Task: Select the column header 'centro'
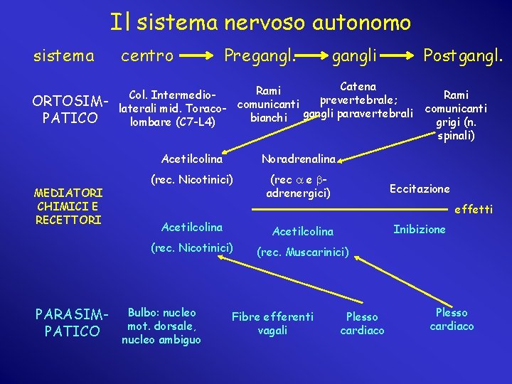click(147, 55)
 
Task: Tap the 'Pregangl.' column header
click(260, 55)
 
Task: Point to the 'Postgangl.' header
click(463, 55)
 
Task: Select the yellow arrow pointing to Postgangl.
click(399, 55)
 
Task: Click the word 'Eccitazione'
click(420, 188)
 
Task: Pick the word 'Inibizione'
click(420, 229)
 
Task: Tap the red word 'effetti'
click(473, 209)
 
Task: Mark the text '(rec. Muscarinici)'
click(303, 252)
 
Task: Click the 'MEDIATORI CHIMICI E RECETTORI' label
click(69, 206)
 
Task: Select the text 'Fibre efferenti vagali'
click(272, 324)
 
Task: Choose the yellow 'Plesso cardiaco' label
click(452, 319)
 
